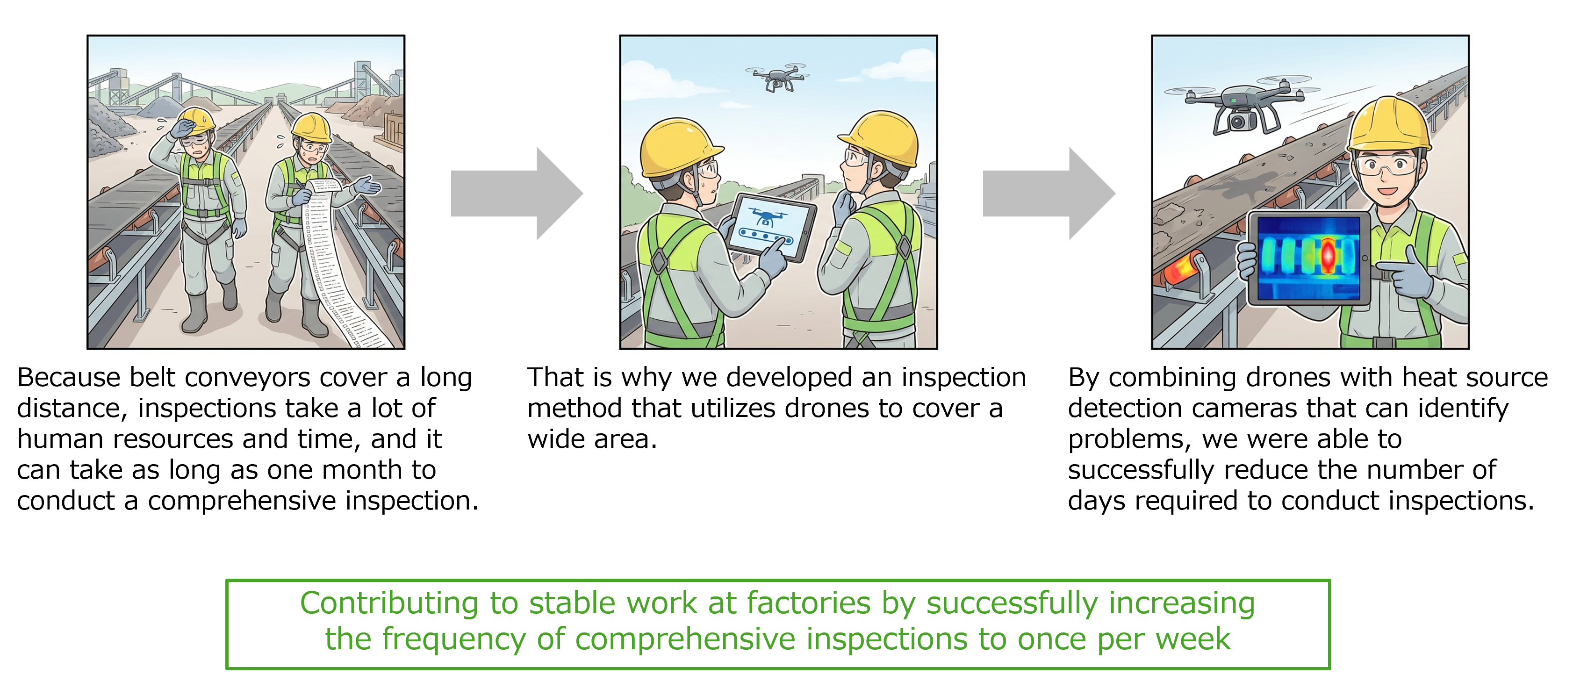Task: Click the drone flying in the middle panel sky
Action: [777, 77]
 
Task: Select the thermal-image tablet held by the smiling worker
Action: [1308, 258]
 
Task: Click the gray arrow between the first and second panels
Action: [517, 194]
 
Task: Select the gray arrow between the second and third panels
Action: [1049, 194]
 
